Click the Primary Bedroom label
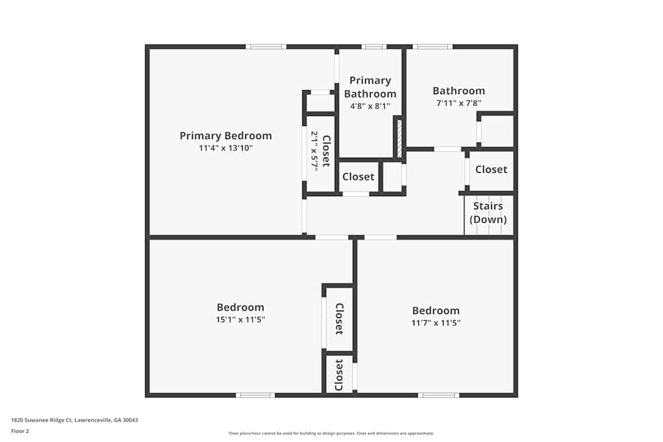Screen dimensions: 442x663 (225, 136)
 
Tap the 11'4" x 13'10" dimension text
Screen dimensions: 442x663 (225, 148)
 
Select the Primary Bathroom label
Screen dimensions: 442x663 (370, 87)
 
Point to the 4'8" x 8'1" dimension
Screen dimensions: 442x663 (370, 105)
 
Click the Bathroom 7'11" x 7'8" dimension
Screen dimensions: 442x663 (458, 103)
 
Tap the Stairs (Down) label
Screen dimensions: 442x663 (488, 213)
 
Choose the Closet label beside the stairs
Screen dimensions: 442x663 (491, 170)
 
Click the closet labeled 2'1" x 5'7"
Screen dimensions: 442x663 (320, 151)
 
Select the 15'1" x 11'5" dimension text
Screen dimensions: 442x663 (240, 319)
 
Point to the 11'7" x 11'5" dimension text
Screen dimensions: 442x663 (436, 323)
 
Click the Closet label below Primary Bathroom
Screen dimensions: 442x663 (358, 177)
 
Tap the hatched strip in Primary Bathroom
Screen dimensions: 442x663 (398, 137)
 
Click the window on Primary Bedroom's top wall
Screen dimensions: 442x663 (266, 46)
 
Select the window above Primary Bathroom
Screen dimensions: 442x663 (374, 46)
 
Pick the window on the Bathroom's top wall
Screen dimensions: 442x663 (432, 46)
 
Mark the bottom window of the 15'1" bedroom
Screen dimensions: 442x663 (255, 395)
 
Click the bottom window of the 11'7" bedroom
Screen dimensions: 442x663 (438, 395)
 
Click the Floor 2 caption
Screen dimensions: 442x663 (20, 431)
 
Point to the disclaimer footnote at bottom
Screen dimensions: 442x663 (331, 433)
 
